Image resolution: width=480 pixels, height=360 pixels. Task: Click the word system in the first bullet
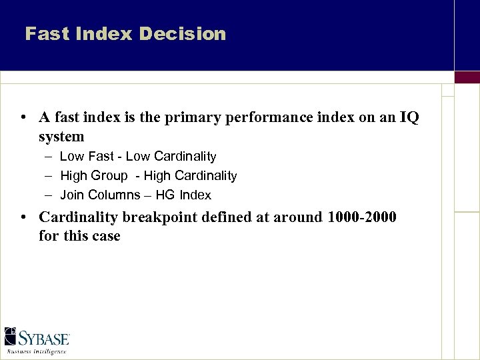[61, 137]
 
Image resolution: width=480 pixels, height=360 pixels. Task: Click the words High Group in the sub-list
[93, 176]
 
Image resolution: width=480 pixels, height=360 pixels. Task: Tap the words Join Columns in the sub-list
[98, 195]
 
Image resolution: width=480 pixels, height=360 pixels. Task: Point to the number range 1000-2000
[361, 217]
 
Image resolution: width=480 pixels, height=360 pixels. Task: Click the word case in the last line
[106, 236]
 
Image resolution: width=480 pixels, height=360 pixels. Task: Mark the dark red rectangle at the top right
[467, 77]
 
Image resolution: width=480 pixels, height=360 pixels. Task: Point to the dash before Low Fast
[50, 157]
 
